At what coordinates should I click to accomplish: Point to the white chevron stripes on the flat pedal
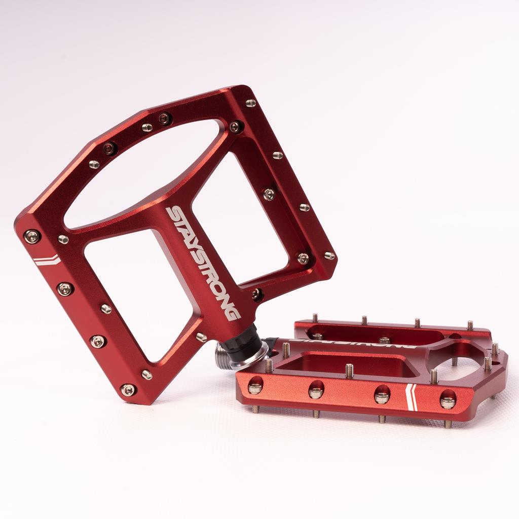pos(412,397)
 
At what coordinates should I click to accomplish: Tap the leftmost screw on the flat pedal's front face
pos(255,388)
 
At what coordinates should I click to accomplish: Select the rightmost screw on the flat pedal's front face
pos(448,402)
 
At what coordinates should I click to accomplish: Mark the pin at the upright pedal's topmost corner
pos(251,103)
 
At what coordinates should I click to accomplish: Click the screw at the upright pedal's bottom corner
pos(128,389)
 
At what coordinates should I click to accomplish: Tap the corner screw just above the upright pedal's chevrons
pos(32,236)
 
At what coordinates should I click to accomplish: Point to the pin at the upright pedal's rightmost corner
pos(329,255)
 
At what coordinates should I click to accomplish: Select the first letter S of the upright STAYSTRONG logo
pos(177,215)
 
